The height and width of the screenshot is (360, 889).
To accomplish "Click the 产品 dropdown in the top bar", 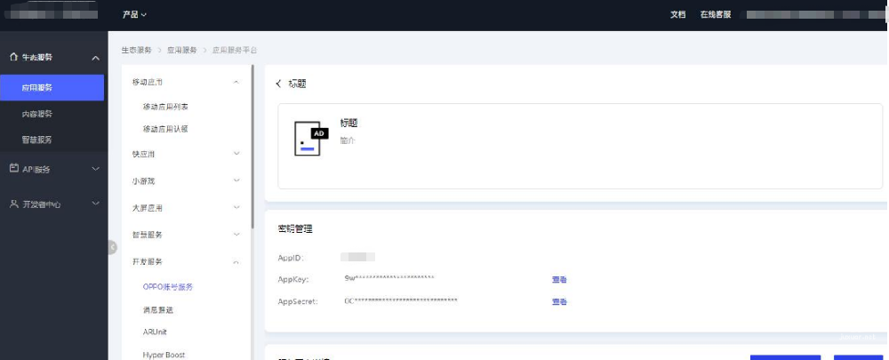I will [x=134, y=14].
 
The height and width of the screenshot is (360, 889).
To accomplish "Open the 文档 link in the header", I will [x=677, y=14].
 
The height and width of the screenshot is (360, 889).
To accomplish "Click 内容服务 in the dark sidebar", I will [x=37, y=114].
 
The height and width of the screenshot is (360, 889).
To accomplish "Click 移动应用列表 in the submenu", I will [x=165, y=107].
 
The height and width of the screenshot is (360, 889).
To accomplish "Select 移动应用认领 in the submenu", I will [x=165, y=129].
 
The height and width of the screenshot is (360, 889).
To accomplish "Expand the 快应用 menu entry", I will [x=145, y=154].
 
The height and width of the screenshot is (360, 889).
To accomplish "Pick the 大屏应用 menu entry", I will [x=148, y=208].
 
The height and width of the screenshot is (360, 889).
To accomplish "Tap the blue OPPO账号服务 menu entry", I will [x=168, y=287].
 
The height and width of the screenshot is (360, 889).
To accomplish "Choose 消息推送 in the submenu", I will [x=157, y=309].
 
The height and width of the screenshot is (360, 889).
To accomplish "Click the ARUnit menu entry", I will [x=155, y=332].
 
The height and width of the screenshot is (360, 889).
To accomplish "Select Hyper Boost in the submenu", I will [x=164, y=354].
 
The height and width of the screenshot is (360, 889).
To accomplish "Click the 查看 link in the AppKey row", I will [x=559, y=280].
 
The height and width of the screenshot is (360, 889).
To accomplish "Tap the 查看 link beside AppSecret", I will [x=559, y=302].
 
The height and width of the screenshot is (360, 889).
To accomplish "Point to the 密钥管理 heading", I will [x=295, y=229].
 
